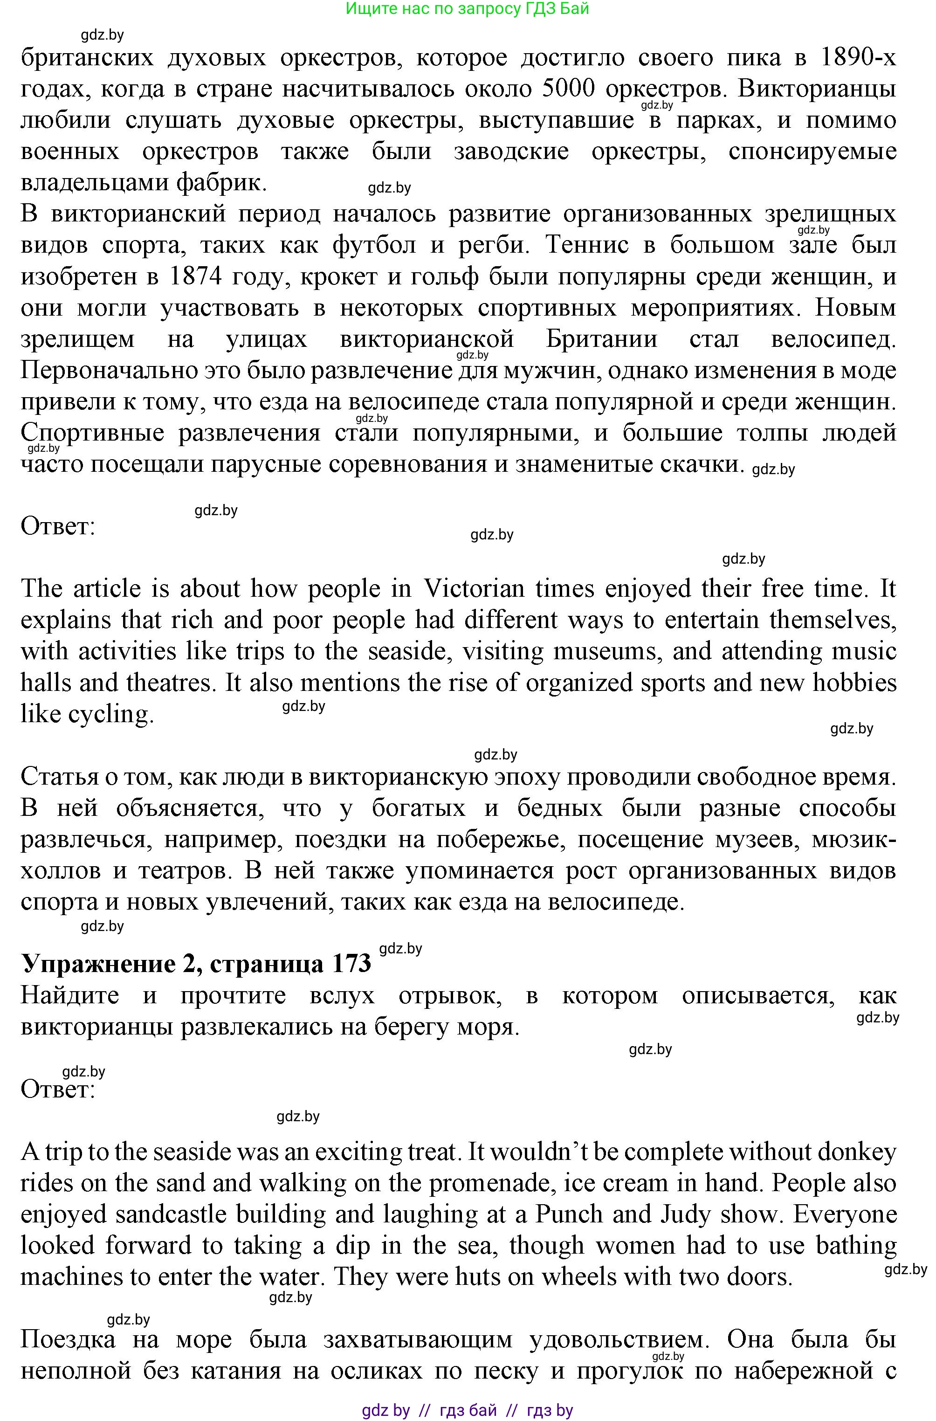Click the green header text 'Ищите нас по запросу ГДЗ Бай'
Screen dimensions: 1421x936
(x=468, y=9)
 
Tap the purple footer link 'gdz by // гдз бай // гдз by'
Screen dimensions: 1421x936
(x=468, y=1410)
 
